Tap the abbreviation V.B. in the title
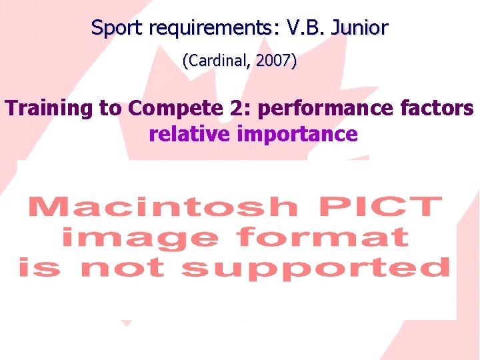pos(307,28)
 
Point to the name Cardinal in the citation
pos(215,61)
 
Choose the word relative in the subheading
pos(189,134)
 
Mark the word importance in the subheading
pos(297,134)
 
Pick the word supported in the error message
pos(315,267)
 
